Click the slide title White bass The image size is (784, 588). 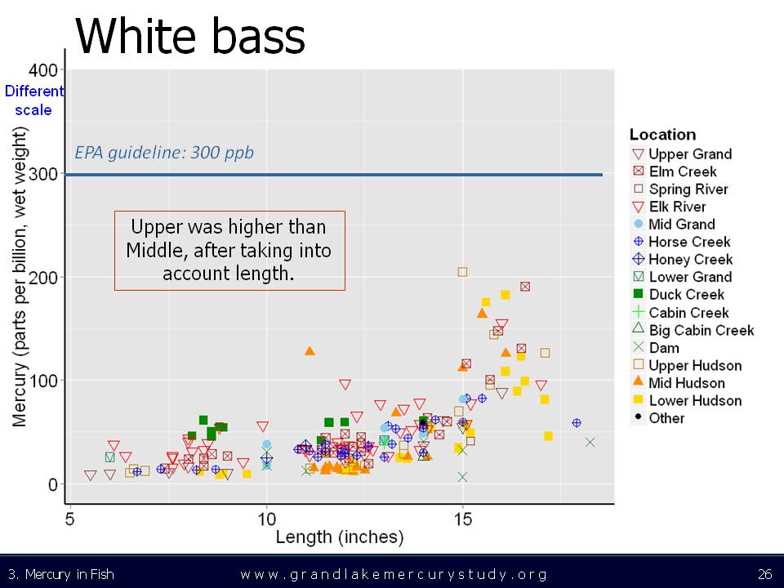tap(190, 35)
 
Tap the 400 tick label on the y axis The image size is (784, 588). tap(43, 70)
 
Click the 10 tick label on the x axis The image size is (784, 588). tap(266, 519)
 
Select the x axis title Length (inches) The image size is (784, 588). tap(340, 537)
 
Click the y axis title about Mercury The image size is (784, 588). tap(19, 277)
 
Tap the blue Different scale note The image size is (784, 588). tap(34, 100)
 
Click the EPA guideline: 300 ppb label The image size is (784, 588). tap(164, 152)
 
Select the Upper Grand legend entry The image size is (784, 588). tap(681, 154)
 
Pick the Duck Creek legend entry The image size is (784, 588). tap(678, 295)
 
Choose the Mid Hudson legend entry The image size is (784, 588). tap(678, 382)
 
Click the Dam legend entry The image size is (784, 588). tap(656, 348)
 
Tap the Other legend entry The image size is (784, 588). tap(658, 417)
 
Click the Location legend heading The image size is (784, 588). tap(662, 135)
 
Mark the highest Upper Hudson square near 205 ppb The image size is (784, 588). tap(462, 272)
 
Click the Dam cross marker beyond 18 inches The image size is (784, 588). tap(590, 442)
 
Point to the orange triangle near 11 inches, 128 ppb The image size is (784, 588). tap(310, 351)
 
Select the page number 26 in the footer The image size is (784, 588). tap(764, 573)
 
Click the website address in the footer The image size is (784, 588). tap(394, 574)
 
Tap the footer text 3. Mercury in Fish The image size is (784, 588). tap(61, 574)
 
